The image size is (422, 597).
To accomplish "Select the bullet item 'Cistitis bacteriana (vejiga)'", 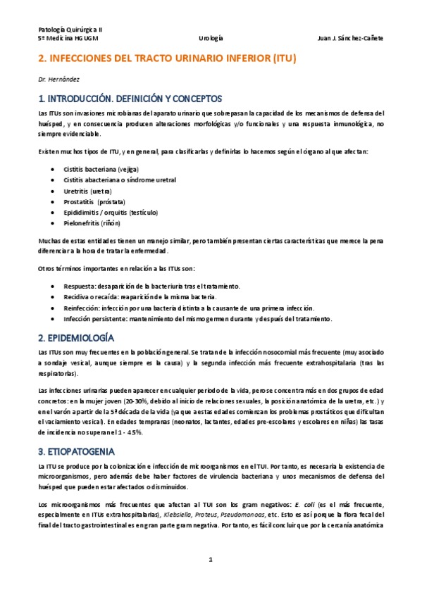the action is click(x=101, y=169).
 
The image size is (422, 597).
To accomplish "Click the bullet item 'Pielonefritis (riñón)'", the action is click(x=92, y=222).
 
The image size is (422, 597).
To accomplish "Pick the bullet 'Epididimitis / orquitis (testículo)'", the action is click(x=111, y=212).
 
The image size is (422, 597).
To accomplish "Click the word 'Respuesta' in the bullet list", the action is click(x=80, y=286).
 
